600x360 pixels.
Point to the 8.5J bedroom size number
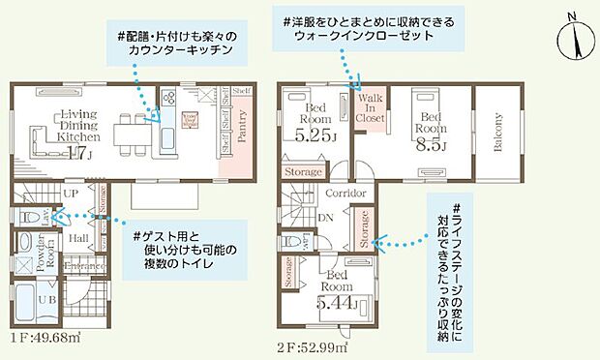click(x=430, y=145)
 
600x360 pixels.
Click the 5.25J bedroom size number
click(x=315, y=135)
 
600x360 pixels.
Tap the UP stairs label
click(x=70, y=193)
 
